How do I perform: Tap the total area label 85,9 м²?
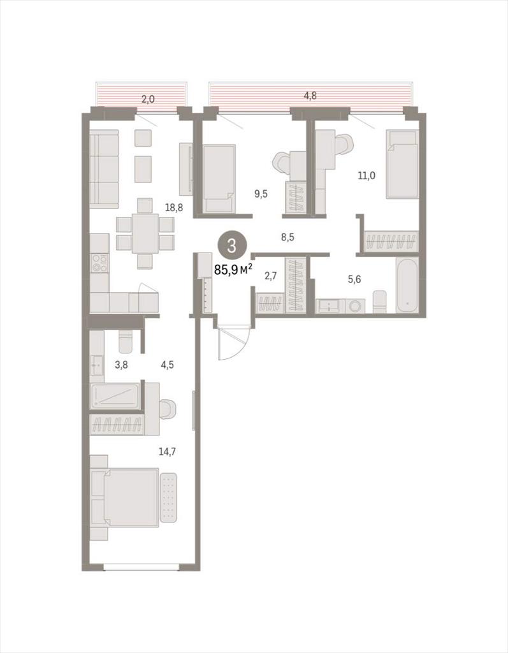click(x=233, y=270)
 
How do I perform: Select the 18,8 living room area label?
click(x=174, y=207)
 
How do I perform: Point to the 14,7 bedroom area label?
click(x=167, y=451)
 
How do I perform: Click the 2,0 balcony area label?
click(x=148, y=99)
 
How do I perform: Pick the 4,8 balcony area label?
click(x=310, y=96)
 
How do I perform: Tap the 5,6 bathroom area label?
click(x=354, y=279)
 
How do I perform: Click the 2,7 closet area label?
click(x=271, y=275)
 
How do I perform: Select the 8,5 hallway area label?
click(x=287, y=237)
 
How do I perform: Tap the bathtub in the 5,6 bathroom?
click(x=407, y=285)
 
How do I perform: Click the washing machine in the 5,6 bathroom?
click(x=355, y=306)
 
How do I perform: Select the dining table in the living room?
click(x=145, y=233)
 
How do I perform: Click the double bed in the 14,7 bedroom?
click(x=130, y=497)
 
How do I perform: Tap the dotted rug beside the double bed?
click(x=168, y=497)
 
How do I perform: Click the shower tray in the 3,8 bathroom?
click(x=115, y=395)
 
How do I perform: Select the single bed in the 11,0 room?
click(x=402, y=164)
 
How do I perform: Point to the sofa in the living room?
click(x=104, y=169)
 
